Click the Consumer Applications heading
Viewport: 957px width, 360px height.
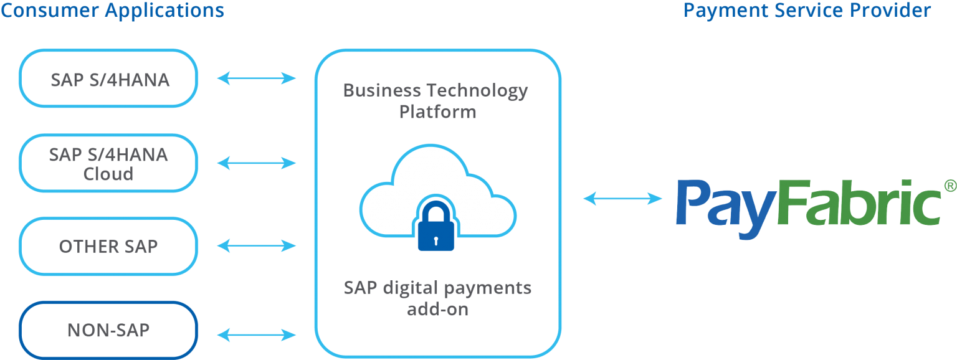[x=112, y=10]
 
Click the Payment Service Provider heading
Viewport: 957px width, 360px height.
[x=807, y=10]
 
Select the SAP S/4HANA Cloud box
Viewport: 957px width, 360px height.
[x=108, y=163]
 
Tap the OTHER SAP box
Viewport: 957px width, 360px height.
[x=108, y=247]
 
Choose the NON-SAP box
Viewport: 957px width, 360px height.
[x=108, y=331]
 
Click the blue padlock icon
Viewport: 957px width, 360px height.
[x=436, y=225]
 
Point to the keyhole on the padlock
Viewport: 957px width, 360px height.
[x=436, y=241]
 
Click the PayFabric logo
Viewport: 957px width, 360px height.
[x=809, y=209]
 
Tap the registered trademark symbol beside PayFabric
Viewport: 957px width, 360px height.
[x=950, y=186]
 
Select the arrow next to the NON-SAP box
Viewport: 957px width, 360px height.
[x=256, y=335]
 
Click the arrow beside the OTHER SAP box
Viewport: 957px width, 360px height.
[x=256, y=245]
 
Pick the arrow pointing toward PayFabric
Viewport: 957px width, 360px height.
[x=622, y=198]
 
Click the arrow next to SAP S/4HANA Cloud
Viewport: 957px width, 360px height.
[x=256, y=163]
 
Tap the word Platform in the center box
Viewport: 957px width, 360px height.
[x=437, y=112]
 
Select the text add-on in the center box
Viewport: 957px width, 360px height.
[x=437, y=309]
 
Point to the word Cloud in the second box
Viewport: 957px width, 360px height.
[x=108, y=174]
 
